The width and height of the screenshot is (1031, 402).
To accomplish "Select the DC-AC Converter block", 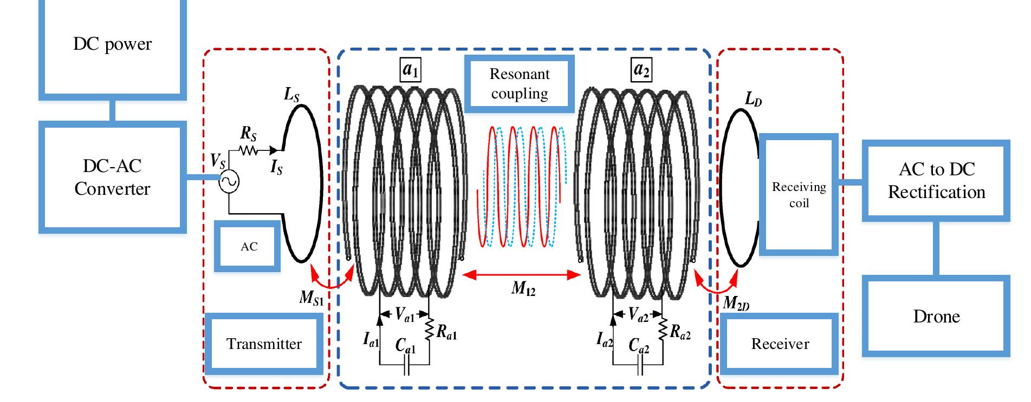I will [112, 177].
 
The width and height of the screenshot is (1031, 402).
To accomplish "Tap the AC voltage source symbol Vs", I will [229, 182].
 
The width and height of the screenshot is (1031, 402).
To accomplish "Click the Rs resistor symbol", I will [249, 150].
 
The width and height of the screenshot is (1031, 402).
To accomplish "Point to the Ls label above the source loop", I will [291, 95].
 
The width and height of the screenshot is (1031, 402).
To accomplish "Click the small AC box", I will [248, 246].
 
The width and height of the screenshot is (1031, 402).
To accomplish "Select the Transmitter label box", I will [264, 344].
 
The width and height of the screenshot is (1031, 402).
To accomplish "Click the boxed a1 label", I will [411, 70].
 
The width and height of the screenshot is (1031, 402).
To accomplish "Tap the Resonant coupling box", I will [519, 83].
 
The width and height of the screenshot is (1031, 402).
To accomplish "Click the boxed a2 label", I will [641, 70].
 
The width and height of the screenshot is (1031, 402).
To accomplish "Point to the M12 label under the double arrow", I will [523, 289].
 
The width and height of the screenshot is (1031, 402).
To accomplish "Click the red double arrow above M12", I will [521, 275].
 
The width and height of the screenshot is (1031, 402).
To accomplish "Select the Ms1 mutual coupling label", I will [312, 298].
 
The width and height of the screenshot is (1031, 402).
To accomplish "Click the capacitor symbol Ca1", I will [407, 368].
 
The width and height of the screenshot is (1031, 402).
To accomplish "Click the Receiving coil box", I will [799, 195].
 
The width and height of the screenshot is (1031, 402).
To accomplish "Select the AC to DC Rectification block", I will [936, 181].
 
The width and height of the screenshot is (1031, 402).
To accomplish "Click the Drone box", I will [936, 316].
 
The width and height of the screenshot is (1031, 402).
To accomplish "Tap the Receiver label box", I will [780, 344].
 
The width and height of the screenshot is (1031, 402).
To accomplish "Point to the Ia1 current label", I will [371, 340].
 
